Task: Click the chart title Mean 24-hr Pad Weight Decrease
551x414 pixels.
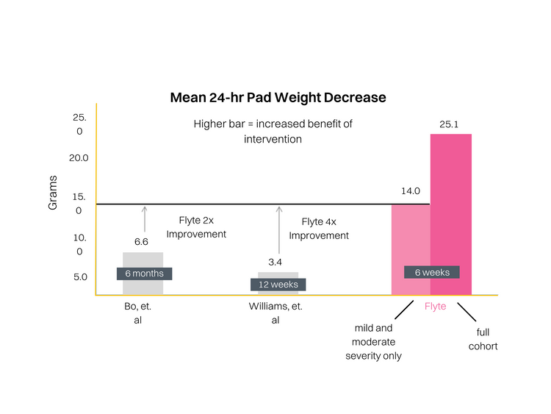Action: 278,97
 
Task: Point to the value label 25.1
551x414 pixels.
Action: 449,124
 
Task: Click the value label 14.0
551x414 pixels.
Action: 410,191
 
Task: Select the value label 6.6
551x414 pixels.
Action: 141,241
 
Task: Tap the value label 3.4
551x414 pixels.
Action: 275,261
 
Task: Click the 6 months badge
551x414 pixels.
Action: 144,274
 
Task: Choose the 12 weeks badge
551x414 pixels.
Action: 278,285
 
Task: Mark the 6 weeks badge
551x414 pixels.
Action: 432,272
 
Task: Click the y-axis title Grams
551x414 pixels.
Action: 53,197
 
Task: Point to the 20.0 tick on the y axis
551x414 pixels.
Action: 79,157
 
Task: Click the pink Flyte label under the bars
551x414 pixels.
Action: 435,306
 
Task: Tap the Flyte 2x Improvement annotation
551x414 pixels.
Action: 195,227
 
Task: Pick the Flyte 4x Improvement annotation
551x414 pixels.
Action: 319,228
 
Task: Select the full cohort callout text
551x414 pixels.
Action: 482,339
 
